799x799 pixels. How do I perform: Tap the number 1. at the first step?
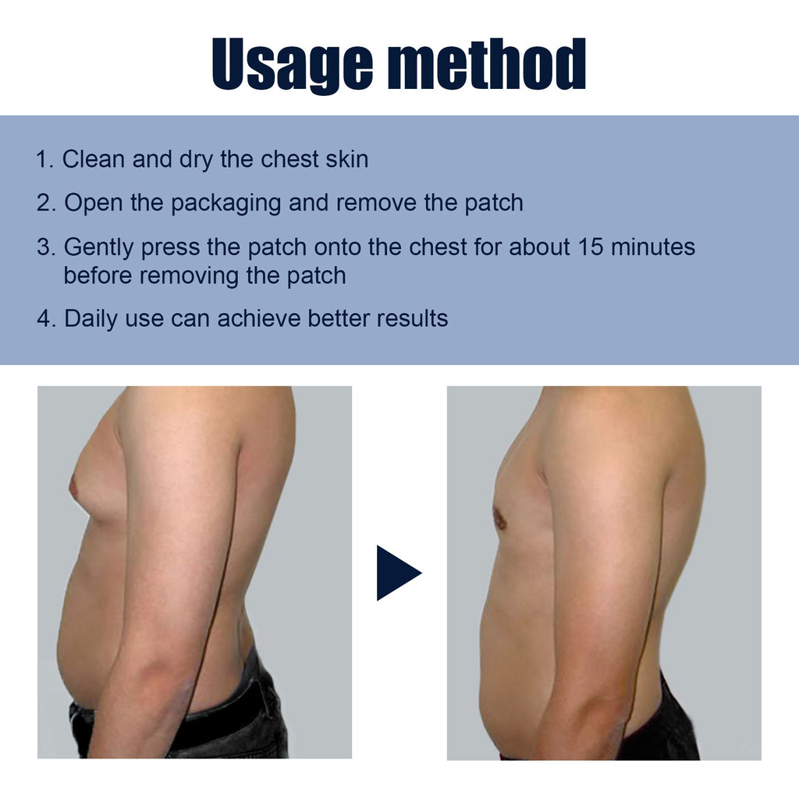pyautogui.click(x=45, y=160)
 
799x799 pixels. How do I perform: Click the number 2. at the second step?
pyautogui.click(x=47, y=203)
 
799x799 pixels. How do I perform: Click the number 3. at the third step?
pyautogui.click(x=47, y=247)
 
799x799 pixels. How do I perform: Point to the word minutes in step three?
pyautogui.click(x=653, y=247)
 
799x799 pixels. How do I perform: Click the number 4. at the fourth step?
pyautogui.click(x=47, y=318)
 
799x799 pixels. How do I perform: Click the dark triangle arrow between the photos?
pyautogui.click(x=396, y=573)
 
